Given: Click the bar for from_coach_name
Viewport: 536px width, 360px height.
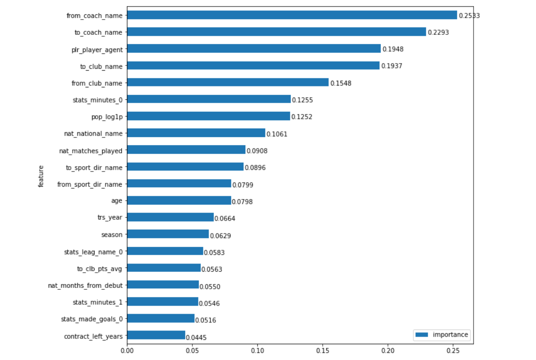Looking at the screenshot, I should [x=292, y=15].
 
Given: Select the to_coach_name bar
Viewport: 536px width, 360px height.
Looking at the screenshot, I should [x=276, y=32].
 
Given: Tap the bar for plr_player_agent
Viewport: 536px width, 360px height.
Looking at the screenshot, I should [x=253, y=49].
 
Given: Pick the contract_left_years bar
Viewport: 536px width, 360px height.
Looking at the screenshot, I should [x=156, y=335].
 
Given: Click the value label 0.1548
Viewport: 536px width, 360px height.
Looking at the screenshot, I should [x=340, y=84].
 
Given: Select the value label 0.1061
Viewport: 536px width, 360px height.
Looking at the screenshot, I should [x=277, y=134].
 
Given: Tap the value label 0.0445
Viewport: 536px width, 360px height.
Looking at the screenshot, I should [x=196, y=338].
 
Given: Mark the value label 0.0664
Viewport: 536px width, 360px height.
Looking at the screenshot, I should [x=225, y=219].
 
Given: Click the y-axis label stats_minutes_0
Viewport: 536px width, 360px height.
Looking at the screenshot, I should [x=97, y=99].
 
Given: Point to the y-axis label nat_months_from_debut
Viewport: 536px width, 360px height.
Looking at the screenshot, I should [x=85, y=285].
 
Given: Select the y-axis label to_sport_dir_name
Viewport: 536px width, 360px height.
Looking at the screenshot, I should [x=94, y=167].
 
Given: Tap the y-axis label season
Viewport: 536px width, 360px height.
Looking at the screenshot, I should [x=112, y=234].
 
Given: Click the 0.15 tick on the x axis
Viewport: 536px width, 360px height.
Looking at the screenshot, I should [x=323, y=351].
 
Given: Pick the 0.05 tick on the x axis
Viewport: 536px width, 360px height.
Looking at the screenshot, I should [x=192, y=351].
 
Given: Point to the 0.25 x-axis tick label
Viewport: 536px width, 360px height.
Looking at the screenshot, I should [x=453, y=351].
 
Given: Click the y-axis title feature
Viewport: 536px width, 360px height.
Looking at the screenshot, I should [x=42, y=176].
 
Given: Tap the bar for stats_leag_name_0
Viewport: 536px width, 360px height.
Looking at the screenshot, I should [x=165, y=251].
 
